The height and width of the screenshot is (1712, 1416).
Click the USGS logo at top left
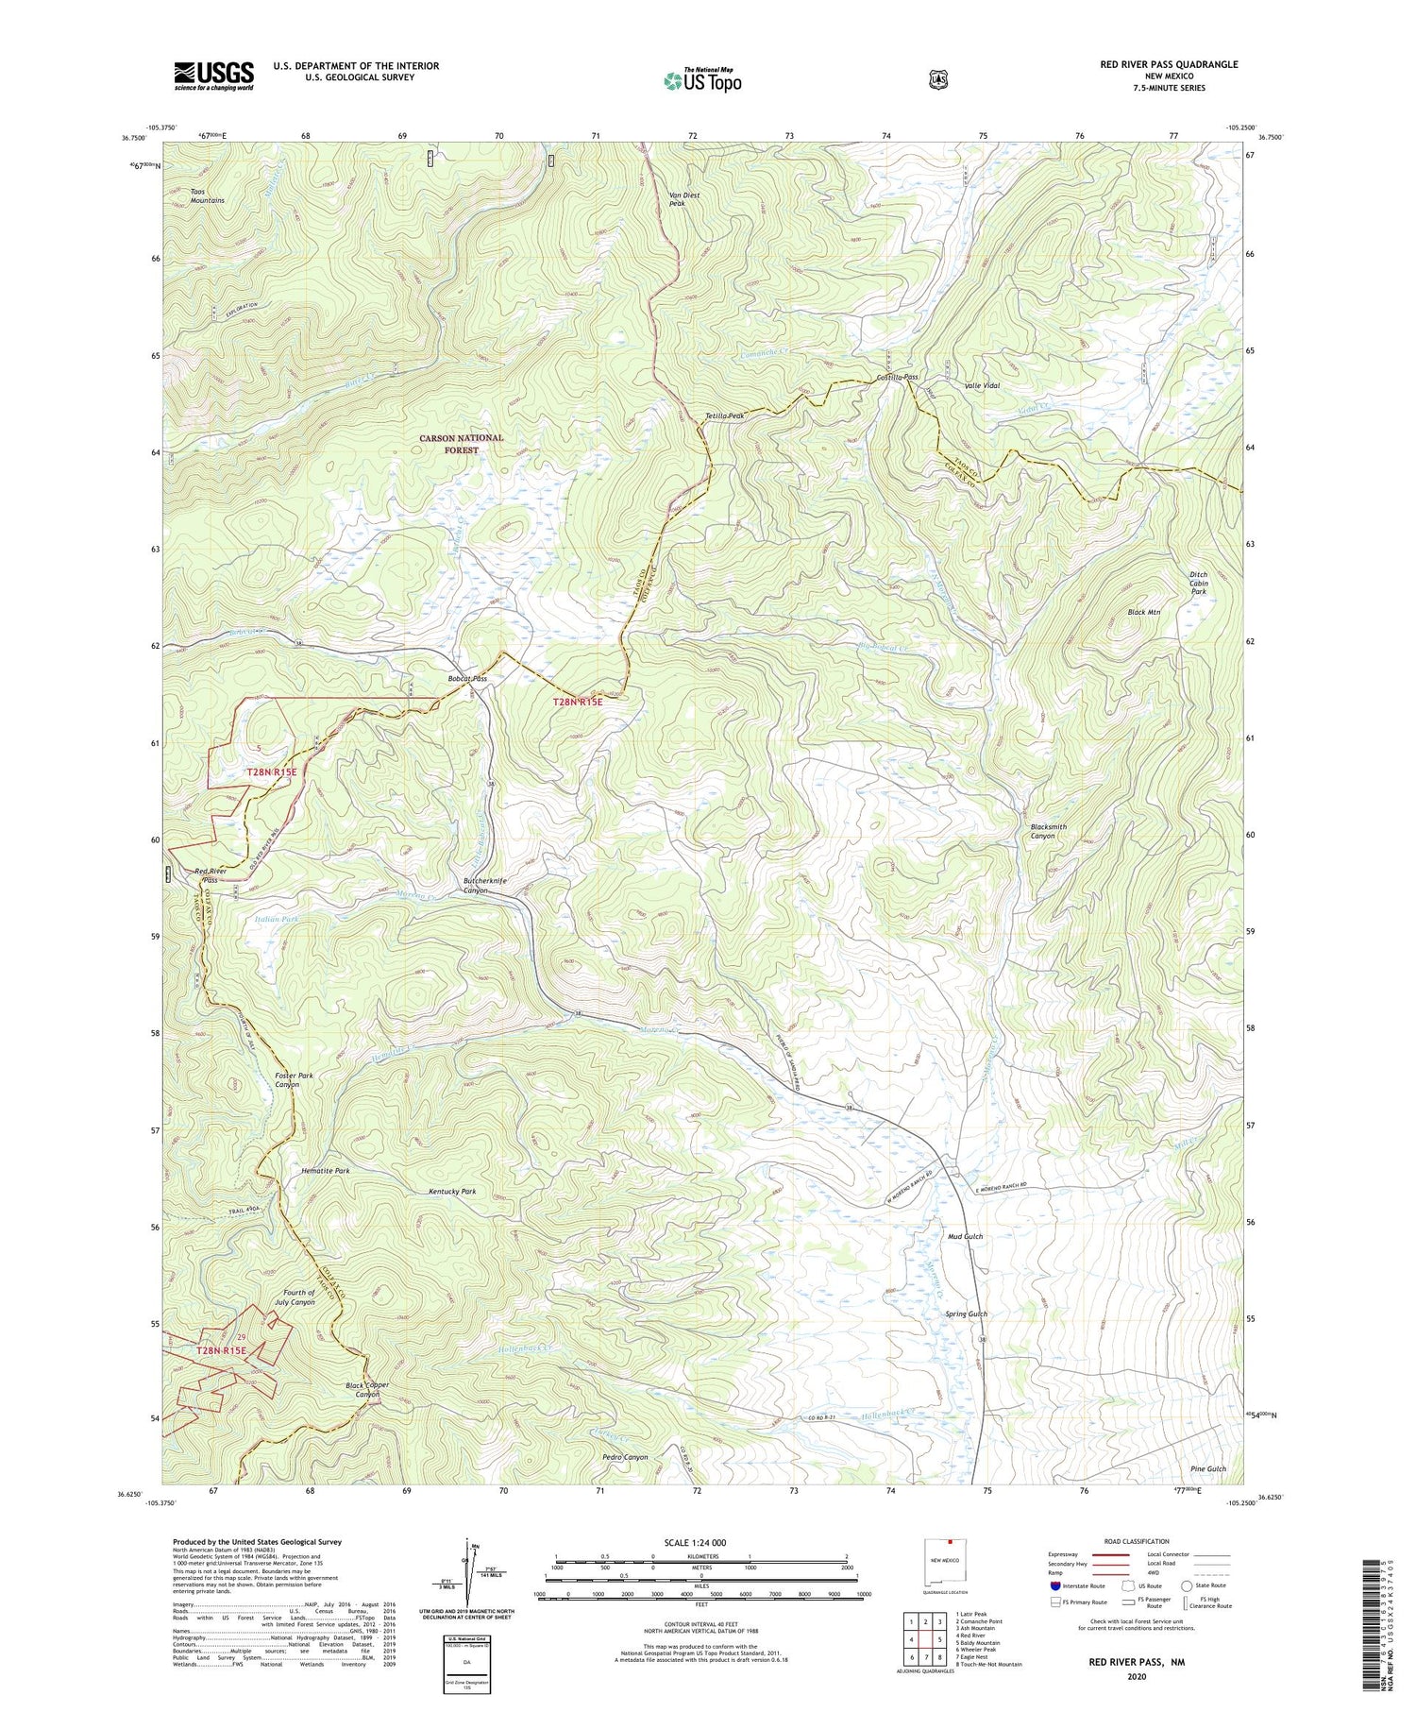pos(213,76)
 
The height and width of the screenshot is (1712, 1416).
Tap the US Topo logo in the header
pos(702,80)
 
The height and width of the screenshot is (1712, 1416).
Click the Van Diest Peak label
pos(684,199)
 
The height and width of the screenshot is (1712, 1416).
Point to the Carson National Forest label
pos(462,444)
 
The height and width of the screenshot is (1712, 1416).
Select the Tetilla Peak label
pos(725,415)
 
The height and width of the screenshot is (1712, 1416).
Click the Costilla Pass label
pos(897,377)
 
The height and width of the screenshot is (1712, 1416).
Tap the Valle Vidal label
pos(982,386)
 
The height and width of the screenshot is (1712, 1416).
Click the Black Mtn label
pos(1143,612)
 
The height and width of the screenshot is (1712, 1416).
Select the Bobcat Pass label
pos(467,678)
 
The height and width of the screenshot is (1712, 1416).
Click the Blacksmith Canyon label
pos(1048,831)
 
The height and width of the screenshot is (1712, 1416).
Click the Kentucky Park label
pos(452,1192)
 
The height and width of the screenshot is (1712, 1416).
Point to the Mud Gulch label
pos(965,1236)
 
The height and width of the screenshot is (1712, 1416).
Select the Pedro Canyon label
pos(625,1457)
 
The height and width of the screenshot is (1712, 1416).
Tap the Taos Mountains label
pos(207,195)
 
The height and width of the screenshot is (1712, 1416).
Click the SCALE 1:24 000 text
pos(701,1543)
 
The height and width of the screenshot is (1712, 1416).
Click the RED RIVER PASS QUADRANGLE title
pos(1169,64)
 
